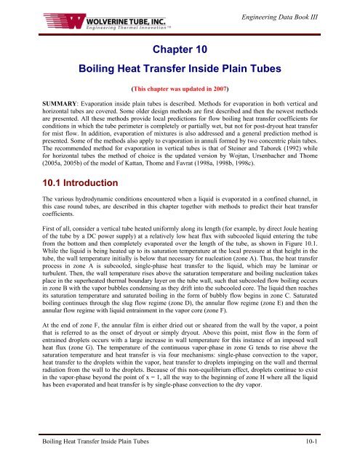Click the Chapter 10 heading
179,49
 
